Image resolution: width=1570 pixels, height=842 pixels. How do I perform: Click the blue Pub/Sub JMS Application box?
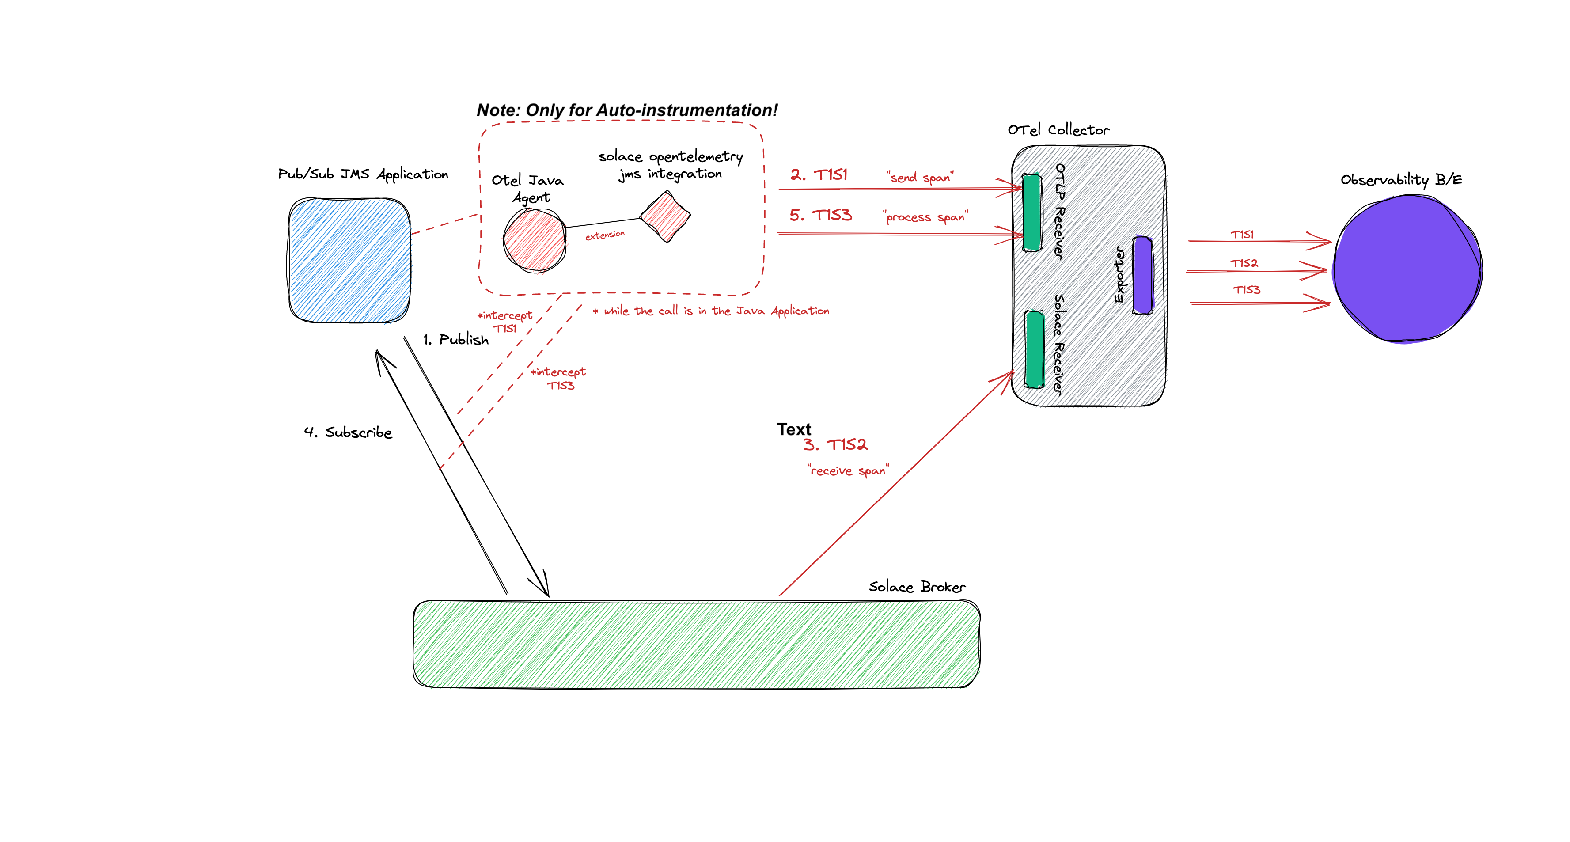(x=349, y=260)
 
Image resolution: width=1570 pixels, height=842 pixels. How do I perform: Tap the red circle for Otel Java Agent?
(x=535, y=241)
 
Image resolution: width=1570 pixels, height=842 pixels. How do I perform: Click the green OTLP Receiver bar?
(x=1031, y=212)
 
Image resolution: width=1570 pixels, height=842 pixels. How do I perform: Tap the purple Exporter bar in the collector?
(x=1143, y=275)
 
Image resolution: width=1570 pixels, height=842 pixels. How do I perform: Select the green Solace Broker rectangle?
(x=696, y=644)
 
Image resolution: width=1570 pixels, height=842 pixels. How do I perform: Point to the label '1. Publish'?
(x=456, y=339)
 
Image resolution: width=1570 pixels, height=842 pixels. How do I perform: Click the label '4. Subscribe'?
(x=348, y=432)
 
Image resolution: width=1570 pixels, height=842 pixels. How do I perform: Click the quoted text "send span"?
(x=920, y=177)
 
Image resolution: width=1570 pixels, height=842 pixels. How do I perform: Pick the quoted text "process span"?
(x=925, y=217)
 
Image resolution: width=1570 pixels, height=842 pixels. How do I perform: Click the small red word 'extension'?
(x=605, y=235)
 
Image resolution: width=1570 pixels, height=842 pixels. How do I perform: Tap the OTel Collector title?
(x=1058, y=130)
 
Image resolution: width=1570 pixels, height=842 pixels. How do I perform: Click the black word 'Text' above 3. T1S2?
(x=793, y=429)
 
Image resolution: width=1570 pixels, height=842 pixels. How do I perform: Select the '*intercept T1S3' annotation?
(x=559, y=378)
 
